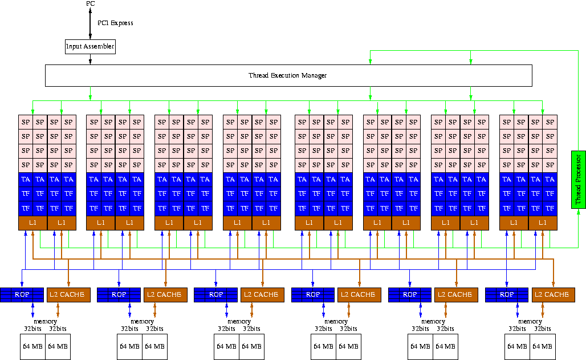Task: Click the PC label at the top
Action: (x=91, y=4)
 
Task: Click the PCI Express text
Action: (x=115, y=23)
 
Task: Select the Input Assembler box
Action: (x=90, y=46)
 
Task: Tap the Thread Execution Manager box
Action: (x=288, y=75)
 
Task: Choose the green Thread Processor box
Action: (x=578, y=180)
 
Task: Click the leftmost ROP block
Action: (x=22, y=294)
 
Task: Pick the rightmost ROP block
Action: (x=506, y=294)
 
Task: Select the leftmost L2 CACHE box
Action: (x=68, y=294)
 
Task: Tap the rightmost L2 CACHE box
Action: (x=552, y=294)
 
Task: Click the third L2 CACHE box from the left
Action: (x=262, y=294)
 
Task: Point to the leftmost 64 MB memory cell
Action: (x=33, y=346)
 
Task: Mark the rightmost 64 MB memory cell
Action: (x=542, y=346)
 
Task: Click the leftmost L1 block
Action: (x=32, y=223)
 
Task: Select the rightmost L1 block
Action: (x=543, y=223)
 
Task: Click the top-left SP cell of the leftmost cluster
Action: (x=25, y=122)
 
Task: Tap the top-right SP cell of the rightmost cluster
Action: (x=550, y=122)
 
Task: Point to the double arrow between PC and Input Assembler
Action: (x=91, y=23)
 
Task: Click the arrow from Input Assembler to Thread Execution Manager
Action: (x=90, y=59)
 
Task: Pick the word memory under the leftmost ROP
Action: (x=45, y=322)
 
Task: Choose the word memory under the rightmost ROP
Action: (x=530, y=322)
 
